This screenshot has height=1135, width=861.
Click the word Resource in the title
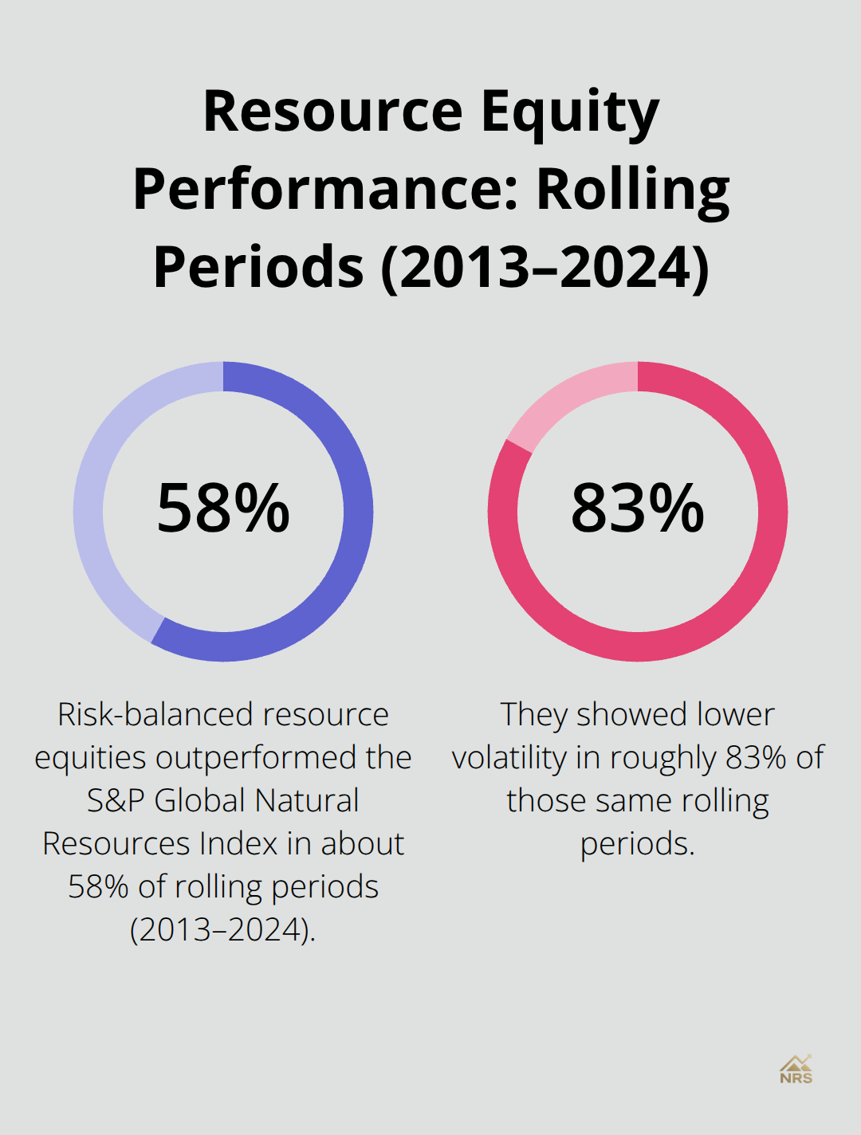click(x=332, y=112)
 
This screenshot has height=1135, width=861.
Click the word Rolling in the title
click(x=632, y=190)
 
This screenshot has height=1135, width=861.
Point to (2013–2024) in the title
click(x=545, y=267)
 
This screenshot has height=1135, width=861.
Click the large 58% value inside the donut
click(x=223, y=509)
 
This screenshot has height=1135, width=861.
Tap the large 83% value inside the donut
click(x=638, y=509)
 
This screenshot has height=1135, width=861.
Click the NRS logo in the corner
click(x=796, y=1070)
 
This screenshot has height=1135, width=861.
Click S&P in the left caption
click(x=117, y=801)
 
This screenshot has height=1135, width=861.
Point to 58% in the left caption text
click(x=98, y=887)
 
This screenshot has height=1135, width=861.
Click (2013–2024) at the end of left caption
click(x=222, y=930)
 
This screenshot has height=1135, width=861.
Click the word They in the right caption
click(x=533, y=715)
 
